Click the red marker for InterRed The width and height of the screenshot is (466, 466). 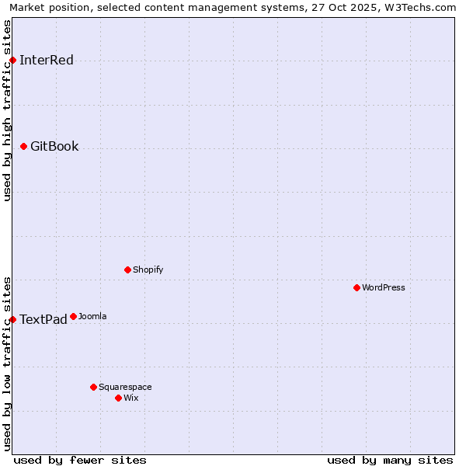click(x=12, y=61)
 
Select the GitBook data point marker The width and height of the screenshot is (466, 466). click(x=23, y=146)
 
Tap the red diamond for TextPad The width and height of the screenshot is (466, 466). click(x=12, y=319)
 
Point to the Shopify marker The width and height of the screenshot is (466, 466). click(x=127, y=270)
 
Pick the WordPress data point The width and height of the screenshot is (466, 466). click(x=356, y=287)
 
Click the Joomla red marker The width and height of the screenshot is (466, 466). click(x=73, y=316)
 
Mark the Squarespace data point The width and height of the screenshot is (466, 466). click(x=93, y=387)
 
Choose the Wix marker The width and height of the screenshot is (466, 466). click(x=118, y=398)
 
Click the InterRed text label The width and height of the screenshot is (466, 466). click(x=47, y=61)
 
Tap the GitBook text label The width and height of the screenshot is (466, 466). click(x=54, y=146)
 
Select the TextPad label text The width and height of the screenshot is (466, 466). click(x=43, y=319)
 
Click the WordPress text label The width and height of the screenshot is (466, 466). click(x=384, y=287)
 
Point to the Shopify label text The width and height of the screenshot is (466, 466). click(x=148, y=270)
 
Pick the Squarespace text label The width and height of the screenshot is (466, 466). click(x=125, y=387)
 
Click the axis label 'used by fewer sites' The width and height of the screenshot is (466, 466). click(x=80, y=460)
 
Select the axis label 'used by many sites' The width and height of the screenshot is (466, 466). click(x=390, y=460)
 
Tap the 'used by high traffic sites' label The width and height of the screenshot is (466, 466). click(x=7, y=110)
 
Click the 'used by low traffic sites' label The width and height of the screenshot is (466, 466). click(x=7, y=363)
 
